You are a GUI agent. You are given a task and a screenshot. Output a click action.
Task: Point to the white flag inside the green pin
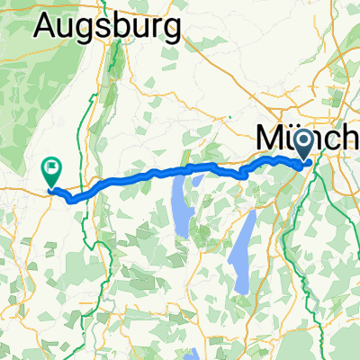point(51,166)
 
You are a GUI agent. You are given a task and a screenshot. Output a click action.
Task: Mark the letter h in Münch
point(353,138)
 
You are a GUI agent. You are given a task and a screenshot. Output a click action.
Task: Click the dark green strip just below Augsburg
point(116,72)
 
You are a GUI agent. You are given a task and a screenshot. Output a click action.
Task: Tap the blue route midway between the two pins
point(180,169)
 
